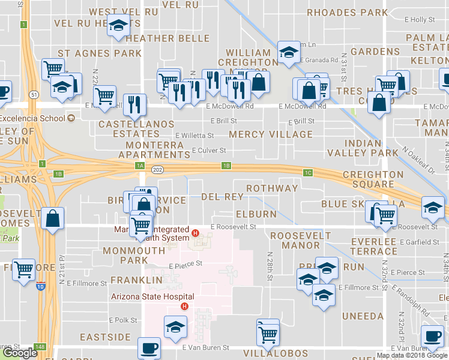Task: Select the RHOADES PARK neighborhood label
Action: [x=347, y=12]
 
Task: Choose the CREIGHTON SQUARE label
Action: [x=373, y=180]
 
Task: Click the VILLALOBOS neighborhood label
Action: [x=277, y=353]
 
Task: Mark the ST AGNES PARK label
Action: [x=100, y=53]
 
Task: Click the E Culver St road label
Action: [x=208, y=151]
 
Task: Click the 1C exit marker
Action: [x=308, y=173]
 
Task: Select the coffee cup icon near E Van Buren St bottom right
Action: [x=432, y=336]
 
